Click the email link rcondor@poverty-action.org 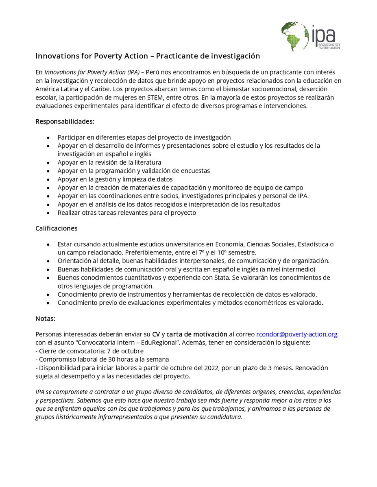(297, 334)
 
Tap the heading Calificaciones (56, 228)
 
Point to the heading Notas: (46, 319)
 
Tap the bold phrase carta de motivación (197, 334)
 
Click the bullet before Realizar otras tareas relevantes (49, 213)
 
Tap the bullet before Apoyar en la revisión (49, 162)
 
